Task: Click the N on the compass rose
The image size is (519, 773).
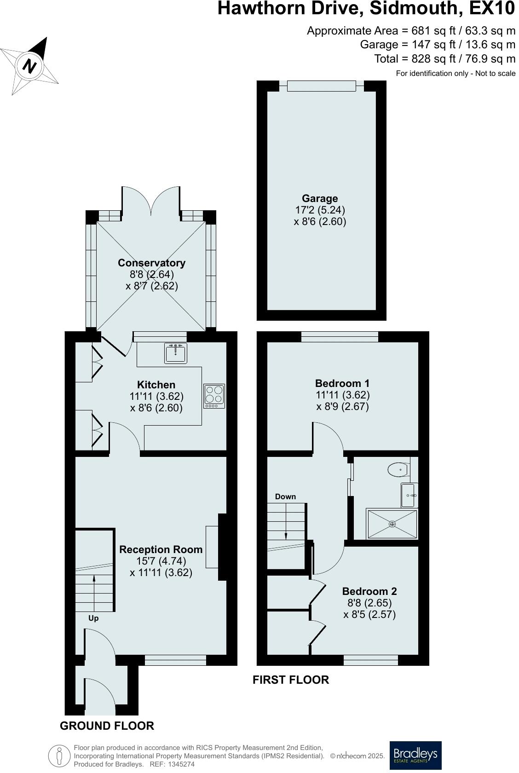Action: pos(30,65)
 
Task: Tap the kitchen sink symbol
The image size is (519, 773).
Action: pos(175,353)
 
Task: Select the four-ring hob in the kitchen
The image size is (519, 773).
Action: pos(214,396)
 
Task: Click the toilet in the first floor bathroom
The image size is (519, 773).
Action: pos(398,470)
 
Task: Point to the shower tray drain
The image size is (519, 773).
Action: pos(392,524)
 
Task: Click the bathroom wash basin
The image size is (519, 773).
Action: pos(409,495)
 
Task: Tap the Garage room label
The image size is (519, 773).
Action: pos(320,198)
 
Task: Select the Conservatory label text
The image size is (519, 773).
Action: pos(151,263)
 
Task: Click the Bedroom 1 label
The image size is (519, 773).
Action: pos(342,383)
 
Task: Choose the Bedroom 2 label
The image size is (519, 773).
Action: pos(369,591)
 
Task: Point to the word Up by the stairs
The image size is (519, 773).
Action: pos(93,618)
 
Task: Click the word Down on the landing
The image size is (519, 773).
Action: pos(285,496)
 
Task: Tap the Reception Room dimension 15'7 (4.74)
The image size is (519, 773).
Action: pos(161,561)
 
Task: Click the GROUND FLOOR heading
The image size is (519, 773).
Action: pos(107,726)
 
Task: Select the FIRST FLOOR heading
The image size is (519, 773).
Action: pos(291,680)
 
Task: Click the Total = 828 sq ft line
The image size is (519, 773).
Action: pos(444,59)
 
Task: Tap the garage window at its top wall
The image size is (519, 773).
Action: pos(322,86)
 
